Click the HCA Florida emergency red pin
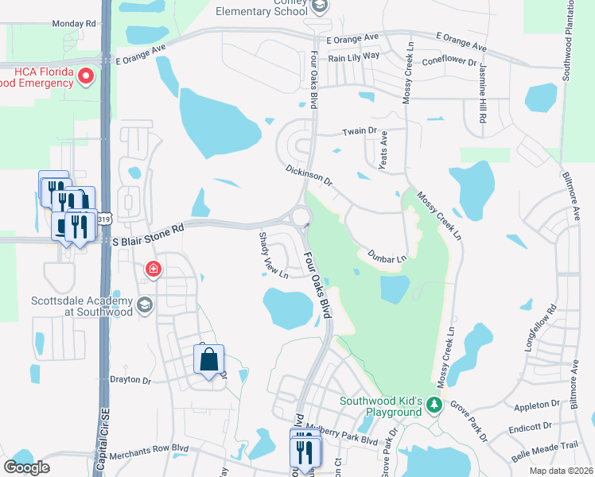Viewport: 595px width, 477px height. (x=86, y=76)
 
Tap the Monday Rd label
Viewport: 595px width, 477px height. (x=73, y=24)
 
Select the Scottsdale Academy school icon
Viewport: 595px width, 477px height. (x=144, y=305)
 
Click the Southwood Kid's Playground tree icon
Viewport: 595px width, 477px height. (x=434, y=405)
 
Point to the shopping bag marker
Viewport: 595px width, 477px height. (x=208, y=360)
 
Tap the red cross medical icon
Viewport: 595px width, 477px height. (x=151, y=270)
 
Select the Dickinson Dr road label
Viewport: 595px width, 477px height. (x=309, y=176)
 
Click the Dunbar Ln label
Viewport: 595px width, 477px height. (x=387, y=255)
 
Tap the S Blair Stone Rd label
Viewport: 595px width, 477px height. (x=147, y=227)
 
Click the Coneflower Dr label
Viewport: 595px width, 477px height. (x=449, y=60)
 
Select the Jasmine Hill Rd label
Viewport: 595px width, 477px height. (x=482, y=95)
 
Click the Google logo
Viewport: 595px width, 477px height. (x=26, y=467)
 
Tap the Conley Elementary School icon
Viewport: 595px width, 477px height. (x=319, y=6)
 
